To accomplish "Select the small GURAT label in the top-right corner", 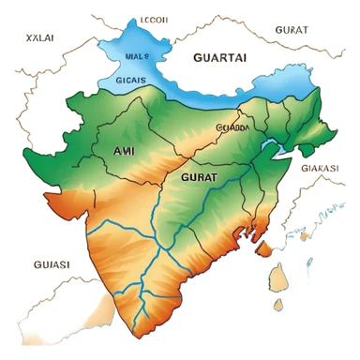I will (x=291, y=30).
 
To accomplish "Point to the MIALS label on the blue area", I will (x=138, y=56).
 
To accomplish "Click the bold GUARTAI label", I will (x=219, y=56).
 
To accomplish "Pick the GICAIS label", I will (x=129, y=81).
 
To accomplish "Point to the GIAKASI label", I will (x=320, y=168).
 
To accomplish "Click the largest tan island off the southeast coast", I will (x=278, y=277).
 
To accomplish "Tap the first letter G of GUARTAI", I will (x=197, y=56).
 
